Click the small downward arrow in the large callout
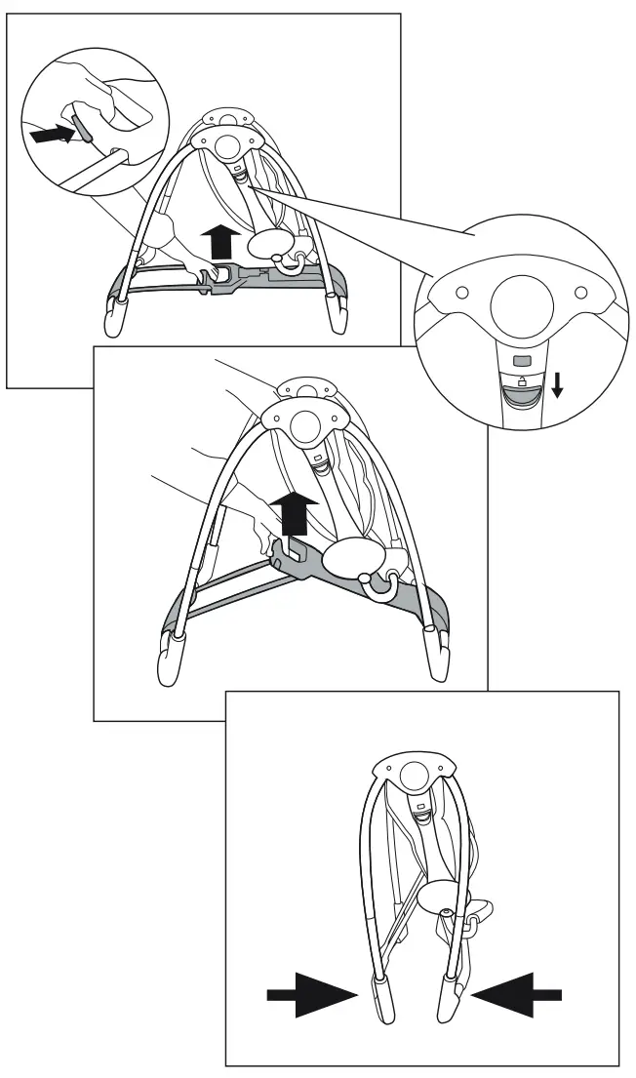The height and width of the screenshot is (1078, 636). point(557,386)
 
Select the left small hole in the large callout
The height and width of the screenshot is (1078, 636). point(463,291)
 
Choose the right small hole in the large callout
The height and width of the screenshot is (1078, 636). point(581,293)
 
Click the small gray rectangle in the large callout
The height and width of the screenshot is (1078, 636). point(522,360)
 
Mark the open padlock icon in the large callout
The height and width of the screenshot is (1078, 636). point(522,379)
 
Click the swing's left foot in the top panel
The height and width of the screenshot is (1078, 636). point(113,318)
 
